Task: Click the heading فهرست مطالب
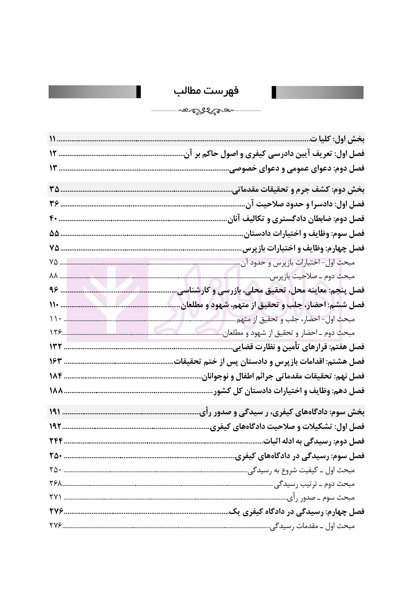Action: click(206, 91)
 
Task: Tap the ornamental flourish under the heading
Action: click(206, 111)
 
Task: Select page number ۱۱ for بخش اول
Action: click(53, 139)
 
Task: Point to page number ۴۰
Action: click(54, 219)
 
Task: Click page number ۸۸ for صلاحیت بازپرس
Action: click(53, 276)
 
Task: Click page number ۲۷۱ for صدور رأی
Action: click(55, 497)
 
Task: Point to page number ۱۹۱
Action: click(55, 412)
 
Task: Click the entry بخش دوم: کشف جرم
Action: click(299, 190)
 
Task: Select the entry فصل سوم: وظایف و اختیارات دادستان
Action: click(304, 234)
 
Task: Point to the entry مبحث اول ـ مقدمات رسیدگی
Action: click(313, 526)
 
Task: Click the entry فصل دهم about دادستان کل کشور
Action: click(289, 391)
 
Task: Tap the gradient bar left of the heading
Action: click(95, 92)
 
